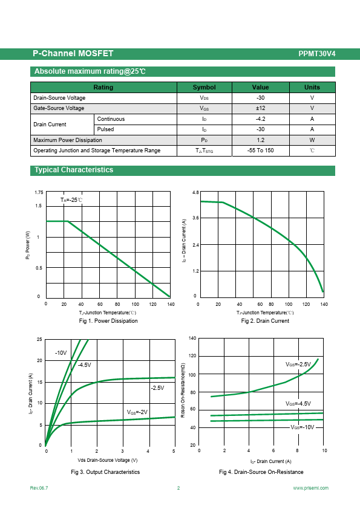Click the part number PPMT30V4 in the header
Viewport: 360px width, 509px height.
(317, 54)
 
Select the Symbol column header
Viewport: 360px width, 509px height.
(204, 87)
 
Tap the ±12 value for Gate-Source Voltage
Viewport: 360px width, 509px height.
(260, 108)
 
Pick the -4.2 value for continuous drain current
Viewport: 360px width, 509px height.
(260, 119)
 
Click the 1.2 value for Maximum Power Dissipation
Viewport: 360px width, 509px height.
(260, 140)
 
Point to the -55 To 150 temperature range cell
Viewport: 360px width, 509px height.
(260, 151)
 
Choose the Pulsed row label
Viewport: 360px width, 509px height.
(106, 129)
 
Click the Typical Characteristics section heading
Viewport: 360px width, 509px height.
(74, 170)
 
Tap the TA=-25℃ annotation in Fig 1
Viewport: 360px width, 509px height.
(71, 200)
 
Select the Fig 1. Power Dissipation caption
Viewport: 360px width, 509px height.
(108, 321)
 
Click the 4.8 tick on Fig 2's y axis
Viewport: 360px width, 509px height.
(195, 192)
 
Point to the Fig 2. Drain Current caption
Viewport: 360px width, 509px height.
(265, 321)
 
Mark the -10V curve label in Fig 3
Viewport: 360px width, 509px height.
(61, 353)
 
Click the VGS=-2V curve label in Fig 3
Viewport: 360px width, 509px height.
(137, 412)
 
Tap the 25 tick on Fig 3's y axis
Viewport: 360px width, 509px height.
(39, 339)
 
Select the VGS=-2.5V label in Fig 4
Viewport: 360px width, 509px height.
(298, 365)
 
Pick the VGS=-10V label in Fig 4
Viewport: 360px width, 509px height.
(303, 427)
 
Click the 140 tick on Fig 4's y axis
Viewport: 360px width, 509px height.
(192, 339)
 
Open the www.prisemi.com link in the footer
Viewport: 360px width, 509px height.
(310, 488)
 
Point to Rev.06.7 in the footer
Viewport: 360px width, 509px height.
(39, 488)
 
